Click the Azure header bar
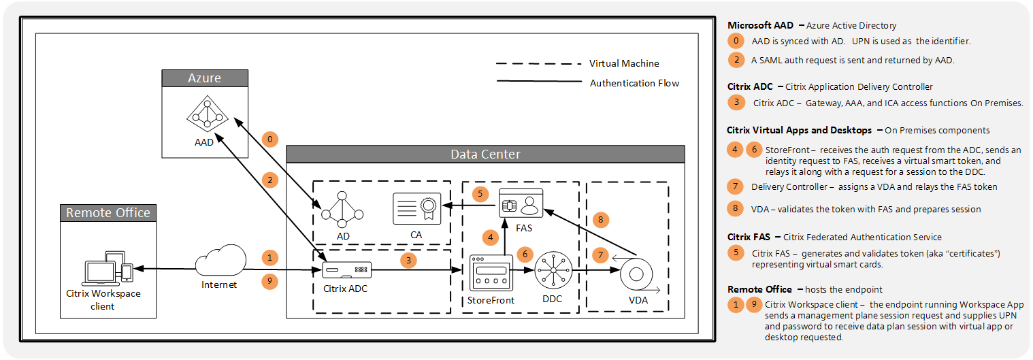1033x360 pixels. [205, 78]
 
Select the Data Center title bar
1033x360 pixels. [485, 154]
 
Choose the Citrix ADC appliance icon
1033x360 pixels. [346, 270]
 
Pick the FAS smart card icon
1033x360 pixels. [521, 203]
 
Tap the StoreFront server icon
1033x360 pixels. [491, 274]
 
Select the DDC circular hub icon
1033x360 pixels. [554, 270]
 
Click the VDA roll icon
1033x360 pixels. [636, 274]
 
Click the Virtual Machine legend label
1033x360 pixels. [624, 63]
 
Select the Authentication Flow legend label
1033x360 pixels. [634, 83]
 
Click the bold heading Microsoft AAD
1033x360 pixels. [760, 25]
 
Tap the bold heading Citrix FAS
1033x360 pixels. [749, 237]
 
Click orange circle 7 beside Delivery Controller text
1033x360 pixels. [736, 186]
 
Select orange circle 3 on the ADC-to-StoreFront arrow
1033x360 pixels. [408, 260]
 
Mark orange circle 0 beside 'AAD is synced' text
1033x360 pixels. [736, 41]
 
